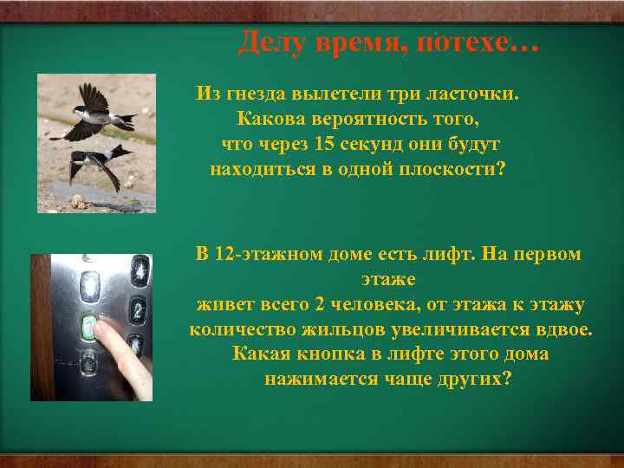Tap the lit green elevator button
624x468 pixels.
click(88, 327)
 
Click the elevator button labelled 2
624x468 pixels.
click(137, 310)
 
